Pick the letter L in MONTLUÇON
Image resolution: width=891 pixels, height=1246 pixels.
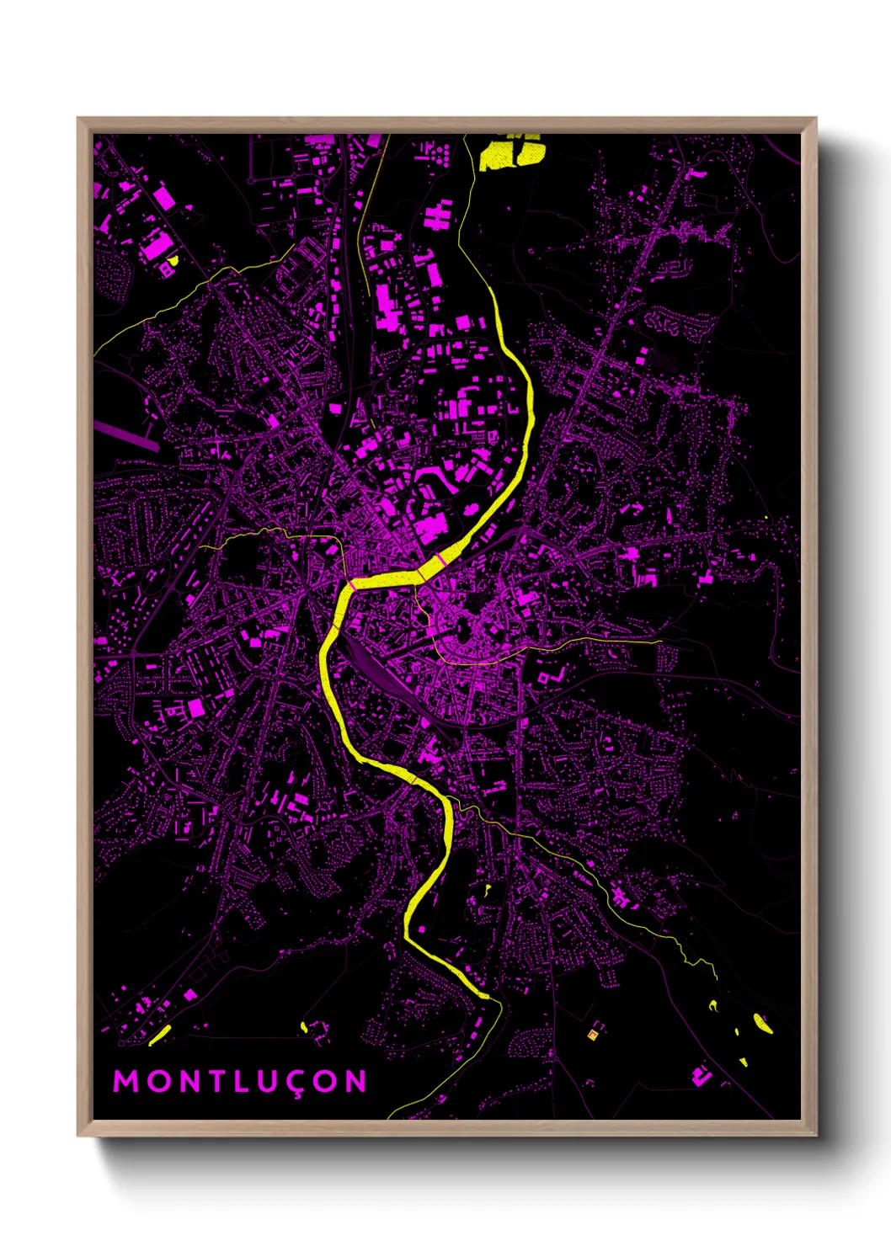[240, 1081]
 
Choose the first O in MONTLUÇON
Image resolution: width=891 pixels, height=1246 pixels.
[156, 1081]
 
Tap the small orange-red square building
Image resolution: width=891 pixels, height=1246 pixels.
[594, 1034]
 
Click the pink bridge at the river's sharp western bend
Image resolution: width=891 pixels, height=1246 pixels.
[348, 581]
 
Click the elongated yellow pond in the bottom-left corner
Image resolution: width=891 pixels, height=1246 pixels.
[160, 1035]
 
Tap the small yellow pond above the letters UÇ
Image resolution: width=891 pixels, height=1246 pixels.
[304, 1026]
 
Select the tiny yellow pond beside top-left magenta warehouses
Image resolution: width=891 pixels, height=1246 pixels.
[173, 261]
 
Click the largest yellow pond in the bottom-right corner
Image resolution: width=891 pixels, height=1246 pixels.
[762, 1023]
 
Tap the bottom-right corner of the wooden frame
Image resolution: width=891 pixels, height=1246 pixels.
[814, 1134]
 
